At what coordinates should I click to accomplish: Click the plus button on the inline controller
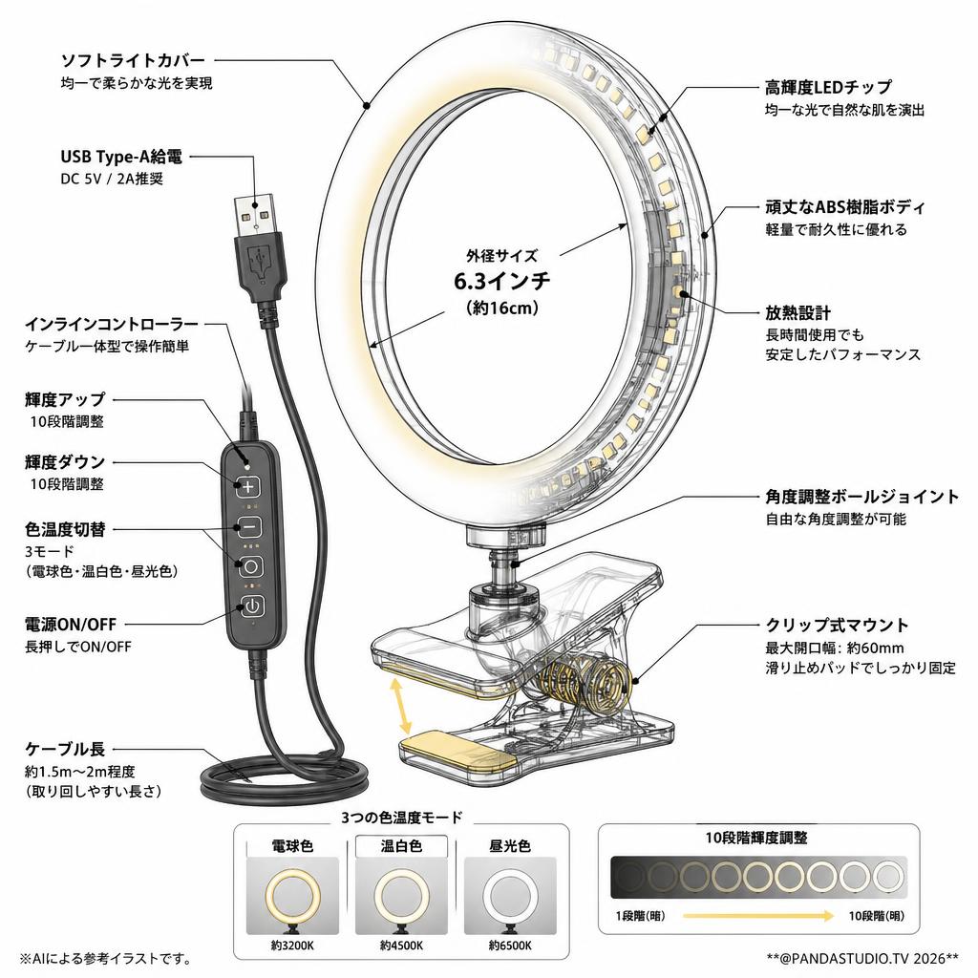(x=248, y=486)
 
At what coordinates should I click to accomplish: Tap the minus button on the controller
(x=248, y=527)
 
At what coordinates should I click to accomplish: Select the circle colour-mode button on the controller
(x=251, y=566)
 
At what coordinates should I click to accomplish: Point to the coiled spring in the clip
(x=585, y=679)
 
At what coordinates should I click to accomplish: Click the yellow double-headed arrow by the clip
(x=400, y=706)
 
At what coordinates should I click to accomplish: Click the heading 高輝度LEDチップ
(x=828, y=87)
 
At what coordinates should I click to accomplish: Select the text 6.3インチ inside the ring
(x=502, y=282)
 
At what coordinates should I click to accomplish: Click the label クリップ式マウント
(x=837, y=625)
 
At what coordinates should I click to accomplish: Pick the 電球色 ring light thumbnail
(x=292, y=896)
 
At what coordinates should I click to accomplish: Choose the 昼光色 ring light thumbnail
(x=510, y=896)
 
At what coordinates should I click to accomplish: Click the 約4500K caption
(x=401, y=946)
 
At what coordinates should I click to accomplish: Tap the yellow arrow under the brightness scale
(x=757, y=916)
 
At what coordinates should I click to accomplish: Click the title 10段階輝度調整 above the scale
(x=756, y=839)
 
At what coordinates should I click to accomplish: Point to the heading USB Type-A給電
(x=121, y=157)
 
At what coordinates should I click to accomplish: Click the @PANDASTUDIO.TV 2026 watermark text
(x=862, y=957)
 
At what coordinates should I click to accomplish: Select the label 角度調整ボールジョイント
(x=862, y=497)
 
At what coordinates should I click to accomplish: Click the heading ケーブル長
(x=65, y=749)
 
